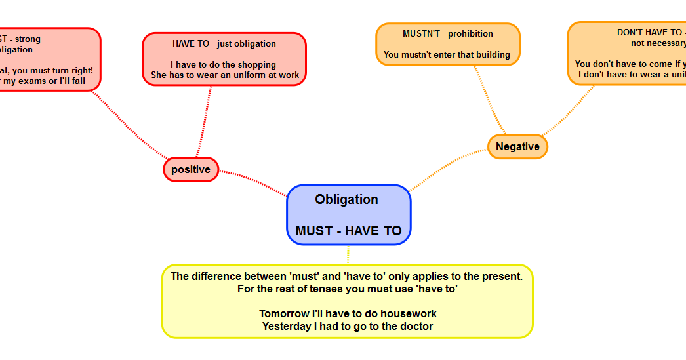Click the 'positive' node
[191, 170]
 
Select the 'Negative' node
[517, 147]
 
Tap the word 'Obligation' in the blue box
[346, 200]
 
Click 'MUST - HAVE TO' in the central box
[348, 231]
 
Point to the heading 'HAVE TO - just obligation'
[224, 44]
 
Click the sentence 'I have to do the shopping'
[224, 65]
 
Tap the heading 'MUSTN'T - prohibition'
[448, 34]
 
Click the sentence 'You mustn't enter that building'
[447, 55]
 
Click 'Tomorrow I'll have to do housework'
[348, 314]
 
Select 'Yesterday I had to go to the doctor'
[348, 326]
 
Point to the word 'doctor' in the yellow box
[416, 326]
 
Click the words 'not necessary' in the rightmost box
[658, 43]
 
